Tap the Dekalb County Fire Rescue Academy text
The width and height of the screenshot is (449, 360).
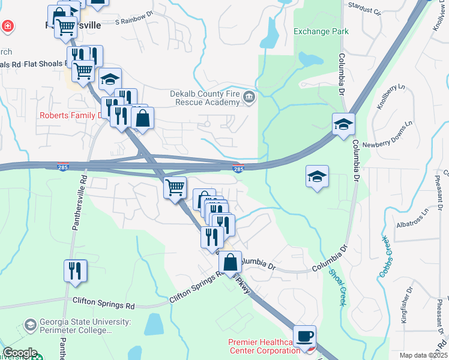[204, 98]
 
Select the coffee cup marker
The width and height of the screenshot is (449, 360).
[305, 335]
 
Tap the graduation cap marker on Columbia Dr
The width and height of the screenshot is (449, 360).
[343, 124]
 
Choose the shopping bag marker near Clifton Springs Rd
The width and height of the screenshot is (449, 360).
[230, 262]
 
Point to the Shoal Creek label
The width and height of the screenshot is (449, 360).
[337, 287]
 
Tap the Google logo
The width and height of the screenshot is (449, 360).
[20, 353]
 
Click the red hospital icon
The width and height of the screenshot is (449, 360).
[7, 26]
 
